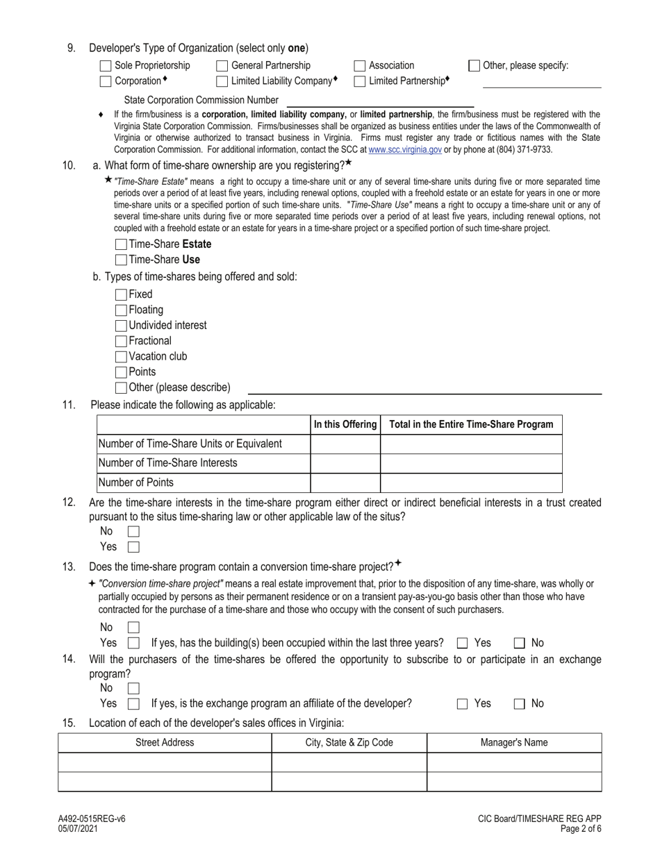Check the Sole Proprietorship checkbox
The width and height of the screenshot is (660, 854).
[106, 66]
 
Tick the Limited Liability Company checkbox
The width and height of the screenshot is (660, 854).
[222, 81]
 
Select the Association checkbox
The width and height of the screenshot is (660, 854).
[360, 66]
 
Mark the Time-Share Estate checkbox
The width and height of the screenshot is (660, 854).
[121, 244]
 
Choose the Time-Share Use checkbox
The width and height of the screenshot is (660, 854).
[121, 260]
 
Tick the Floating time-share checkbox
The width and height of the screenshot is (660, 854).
[121, 310]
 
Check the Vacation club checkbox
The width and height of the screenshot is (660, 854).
[121, 356]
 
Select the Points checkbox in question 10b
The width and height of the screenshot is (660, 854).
[121, 372]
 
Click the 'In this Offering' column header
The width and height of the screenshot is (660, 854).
[345, 424]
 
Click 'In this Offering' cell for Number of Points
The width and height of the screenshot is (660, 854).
[345, 483]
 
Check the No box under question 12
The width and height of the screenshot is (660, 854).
[133, 531]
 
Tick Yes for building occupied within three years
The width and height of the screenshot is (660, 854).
[463, 643]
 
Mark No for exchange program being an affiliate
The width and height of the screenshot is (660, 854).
[520, 703]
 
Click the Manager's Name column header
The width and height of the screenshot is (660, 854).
[514, 742]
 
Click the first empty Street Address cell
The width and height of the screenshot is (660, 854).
[165, 762]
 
